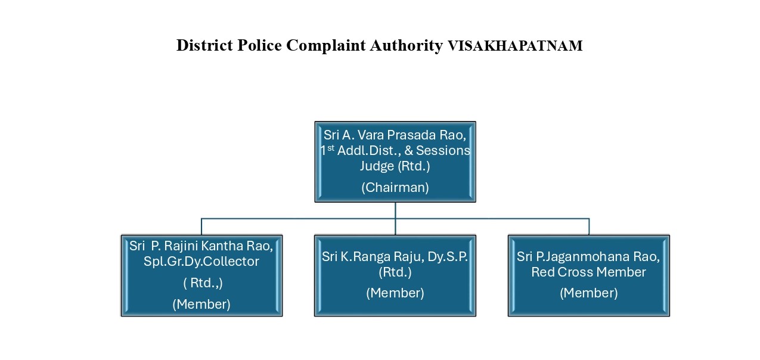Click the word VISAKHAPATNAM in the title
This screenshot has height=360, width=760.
point(515,46)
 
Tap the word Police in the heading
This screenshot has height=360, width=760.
point(259,45)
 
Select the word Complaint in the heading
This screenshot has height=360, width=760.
point(326,46)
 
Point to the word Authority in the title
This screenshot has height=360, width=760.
point(406,46)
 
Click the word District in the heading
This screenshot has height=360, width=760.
point(204,45)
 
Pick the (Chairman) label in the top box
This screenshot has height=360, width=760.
point(395,187)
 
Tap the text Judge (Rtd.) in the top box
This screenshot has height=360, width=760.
point(395,166)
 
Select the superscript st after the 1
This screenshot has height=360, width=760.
point(331,148)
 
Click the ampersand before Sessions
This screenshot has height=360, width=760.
point(408,150)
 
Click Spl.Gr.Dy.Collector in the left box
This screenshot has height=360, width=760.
point(201,261)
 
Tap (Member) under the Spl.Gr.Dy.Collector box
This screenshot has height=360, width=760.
point(201,304)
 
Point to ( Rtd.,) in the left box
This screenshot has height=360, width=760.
point(203,283)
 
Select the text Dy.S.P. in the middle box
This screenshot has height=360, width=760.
point(448,257)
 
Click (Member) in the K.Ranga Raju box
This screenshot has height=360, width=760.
point(395,293)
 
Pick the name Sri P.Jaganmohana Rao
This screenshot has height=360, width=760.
point(588,257)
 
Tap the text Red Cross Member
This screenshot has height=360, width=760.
point(589,272)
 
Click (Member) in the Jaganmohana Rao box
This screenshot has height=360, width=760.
point(589,293)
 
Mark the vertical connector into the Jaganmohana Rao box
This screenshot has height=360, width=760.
point(589,226)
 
